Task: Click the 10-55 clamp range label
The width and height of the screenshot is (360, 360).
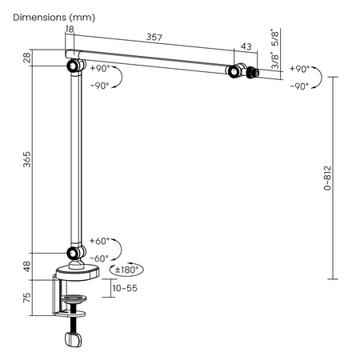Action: click(x=125, y=287)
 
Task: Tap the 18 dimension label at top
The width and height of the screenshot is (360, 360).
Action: click(x=70, y=29)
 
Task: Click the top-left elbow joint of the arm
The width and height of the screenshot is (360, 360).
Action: click(x=73, y=66)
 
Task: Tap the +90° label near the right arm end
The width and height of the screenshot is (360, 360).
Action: click(x=298, y=70)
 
